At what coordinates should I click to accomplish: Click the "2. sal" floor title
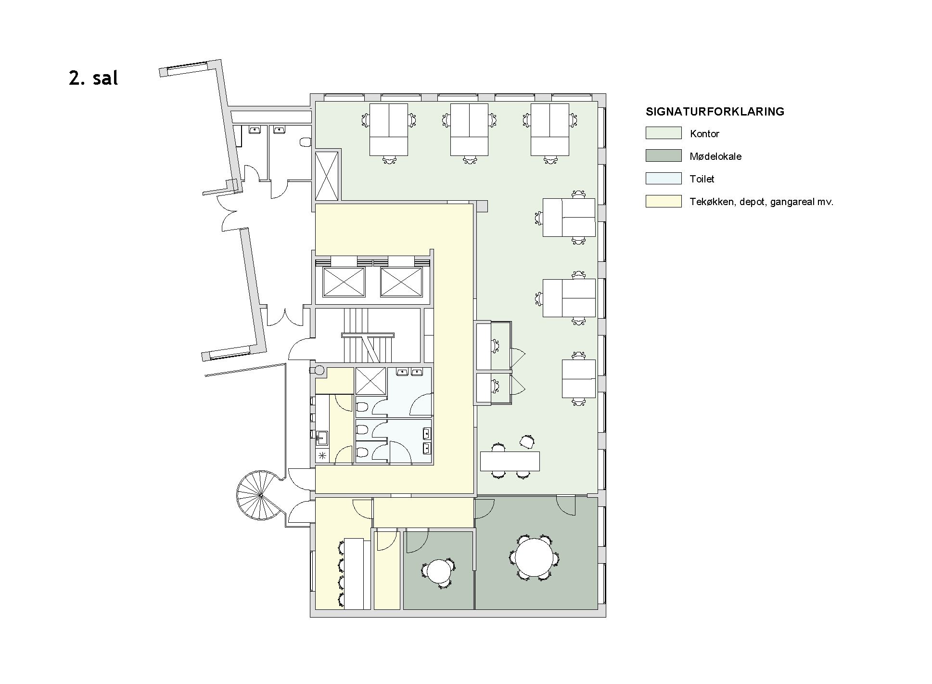coord(93,78)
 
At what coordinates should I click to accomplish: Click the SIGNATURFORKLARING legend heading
coord(715,112)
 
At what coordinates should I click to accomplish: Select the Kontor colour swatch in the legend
coord(664,133)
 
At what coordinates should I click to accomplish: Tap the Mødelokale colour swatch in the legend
coord(664,155)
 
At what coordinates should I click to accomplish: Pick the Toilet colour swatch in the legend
coord(664,178)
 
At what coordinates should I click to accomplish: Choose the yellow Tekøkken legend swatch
coord(664,201)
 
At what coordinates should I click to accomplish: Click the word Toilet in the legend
coord(702,179)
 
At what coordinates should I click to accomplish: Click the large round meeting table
coord(535,558)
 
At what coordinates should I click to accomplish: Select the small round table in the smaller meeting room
coord(438,572)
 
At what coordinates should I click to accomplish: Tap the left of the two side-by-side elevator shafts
coord(344,282)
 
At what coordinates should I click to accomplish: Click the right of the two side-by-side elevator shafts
coord(401,282)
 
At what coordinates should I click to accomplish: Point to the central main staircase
coord(368,336)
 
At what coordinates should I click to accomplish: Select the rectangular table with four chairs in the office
coord(510,461)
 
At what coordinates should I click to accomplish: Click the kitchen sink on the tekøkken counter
coord(322,438)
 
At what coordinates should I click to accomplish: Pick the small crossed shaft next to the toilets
coord(370,381)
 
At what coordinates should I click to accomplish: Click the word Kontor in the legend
coord(704,134)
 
